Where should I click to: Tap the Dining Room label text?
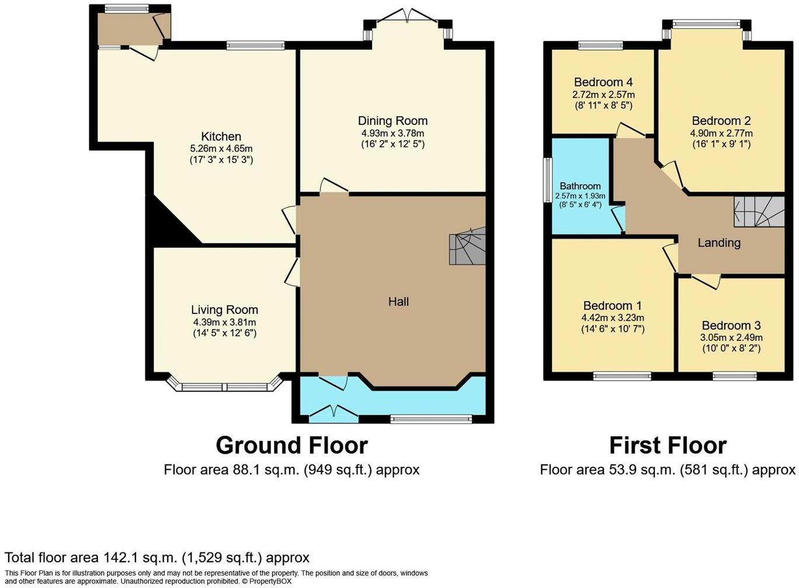coord(392,121)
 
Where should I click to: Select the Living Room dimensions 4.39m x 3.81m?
coord(224,322)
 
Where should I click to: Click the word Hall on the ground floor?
coord(398,302)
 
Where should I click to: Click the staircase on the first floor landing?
coord(758,212)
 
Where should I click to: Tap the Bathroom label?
coord(580,186)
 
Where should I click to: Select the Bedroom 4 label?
coord(603,82)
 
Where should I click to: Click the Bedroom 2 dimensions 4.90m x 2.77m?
coord(721,133)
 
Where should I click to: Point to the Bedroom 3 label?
coord(731,325)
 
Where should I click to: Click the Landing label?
coord(719,243)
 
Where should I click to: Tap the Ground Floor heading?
coord(291,446)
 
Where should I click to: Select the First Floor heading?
coord(668,446)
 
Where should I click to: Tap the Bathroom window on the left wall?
coord(547,181)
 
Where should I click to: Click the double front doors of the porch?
coord(333,413)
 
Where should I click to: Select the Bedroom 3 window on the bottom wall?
coord(734,376)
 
